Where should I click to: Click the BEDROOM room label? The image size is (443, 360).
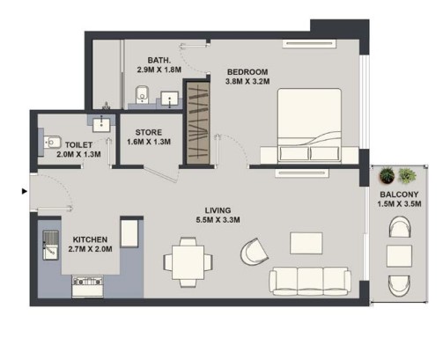pos(247,72)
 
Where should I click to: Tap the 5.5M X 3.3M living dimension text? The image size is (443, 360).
pos(218,220)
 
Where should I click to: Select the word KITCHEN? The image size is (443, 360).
pos(90,239)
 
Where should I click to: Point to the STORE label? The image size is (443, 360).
pos(149,132)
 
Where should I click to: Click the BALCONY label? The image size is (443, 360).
pos(399,195)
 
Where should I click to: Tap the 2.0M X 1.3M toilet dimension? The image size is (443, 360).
pos(78,154)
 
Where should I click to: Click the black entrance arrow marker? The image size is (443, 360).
pos(25,191)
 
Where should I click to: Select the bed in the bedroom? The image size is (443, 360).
pos(309,126)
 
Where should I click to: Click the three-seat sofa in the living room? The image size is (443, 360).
pos(310,281)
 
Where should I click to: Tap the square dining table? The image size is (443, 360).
pos(188,262)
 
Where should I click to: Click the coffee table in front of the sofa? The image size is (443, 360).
pos(306,243)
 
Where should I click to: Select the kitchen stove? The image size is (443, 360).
pos(88,286)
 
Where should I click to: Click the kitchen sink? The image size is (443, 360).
pos(51,246)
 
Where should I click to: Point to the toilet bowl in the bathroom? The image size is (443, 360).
pos(143,94)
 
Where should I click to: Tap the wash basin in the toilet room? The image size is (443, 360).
pos(101,125)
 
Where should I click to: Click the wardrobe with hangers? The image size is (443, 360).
pos(198,123)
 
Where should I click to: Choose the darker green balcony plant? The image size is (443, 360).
pos(387,175)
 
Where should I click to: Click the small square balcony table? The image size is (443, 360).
pos(399,256)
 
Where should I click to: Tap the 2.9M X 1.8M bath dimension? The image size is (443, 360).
pos(159,70)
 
